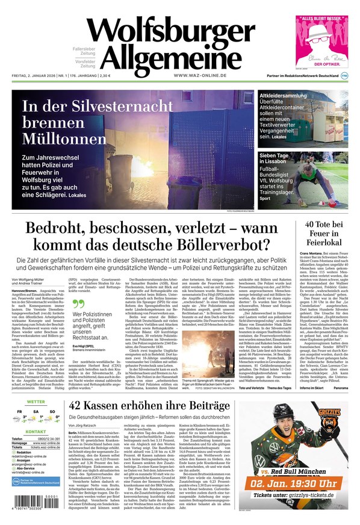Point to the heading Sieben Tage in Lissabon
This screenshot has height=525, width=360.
[x=281, y=159]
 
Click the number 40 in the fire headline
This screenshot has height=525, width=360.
[x=311, y=225]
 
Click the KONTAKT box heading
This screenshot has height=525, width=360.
[x=36, y=432]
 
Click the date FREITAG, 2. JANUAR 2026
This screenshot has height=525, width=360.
[x=36, y=75]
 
